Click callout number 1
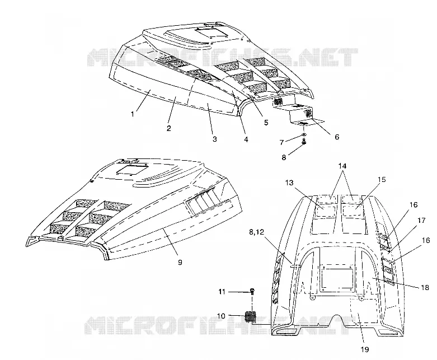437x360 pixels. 133,114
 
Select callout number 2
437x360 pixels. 168,128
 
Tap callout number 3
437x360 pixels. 215,139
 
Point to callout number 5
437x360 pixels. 266,123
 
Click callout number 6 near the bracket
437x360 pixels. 337,137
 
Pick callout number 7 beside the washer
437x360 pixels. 282,143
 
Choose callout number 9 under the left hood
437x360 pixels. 180,262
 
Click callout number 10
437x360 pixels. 221,316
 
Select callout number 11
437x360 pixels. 222,292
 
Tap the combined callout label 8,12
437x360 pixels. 256,232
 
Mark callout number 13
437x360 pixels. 289,183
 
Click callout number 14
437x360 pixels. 342,166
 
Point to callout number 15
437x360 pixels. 382,179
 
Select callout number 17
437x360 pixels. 421,220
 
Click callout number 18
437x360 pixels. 425,287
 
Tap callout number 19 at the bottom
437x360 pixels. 365,349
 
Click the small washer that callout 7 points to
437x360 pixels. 304,135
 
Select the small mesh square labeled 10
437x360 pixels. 250,316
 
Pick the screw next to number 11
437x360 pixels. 252,291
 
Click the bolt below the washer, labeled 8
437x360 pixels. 304,142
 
